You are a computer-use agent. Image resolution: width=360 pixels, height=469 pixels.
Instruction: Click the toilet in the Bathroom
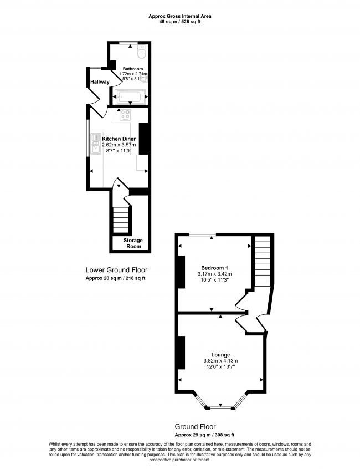pyautogui.click(x=141, y=53)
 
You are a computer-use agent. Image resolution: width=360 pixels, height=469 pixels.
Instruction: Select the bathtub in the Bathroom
pyautogui.click(x=130, y=96)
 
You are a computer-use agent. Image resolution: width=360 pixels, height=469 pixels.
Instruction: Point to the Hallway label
pyautogui.click(x=100, y=82)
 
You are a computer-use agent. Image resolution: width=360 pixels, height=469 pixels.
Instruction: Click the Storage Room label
pyautogui.click(x=133, y=243)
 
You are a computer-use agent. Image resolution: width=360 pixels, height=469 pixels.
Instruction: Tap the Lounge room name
pyautogui.click(x=220, y=354)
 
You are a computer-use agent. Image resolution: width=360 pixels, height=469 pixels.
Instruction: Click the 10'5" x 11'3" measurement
pyautogui.click(x=214, y=281)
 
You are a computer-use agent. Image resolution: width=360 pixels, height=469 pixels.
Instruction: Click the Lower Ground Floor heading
pyautogui.click(x=116, y=270)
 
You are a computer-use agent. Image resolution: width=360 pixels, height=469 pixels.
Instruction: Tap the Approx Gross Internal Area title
pyautogui.click(x=179, y=16)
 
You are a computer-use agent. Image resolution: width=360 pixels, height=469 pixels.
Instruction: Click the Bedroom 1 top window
pyautogui.click(x=202, y=235)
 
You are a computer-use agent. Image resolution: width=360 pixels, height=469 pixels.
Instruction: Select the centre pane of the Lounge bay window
pyautogui.click(x=221, y=409)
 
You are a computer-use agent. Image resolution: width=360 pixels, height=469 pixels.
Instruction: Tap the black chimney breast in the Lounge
pyautogui.click(x=180, y=353)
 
